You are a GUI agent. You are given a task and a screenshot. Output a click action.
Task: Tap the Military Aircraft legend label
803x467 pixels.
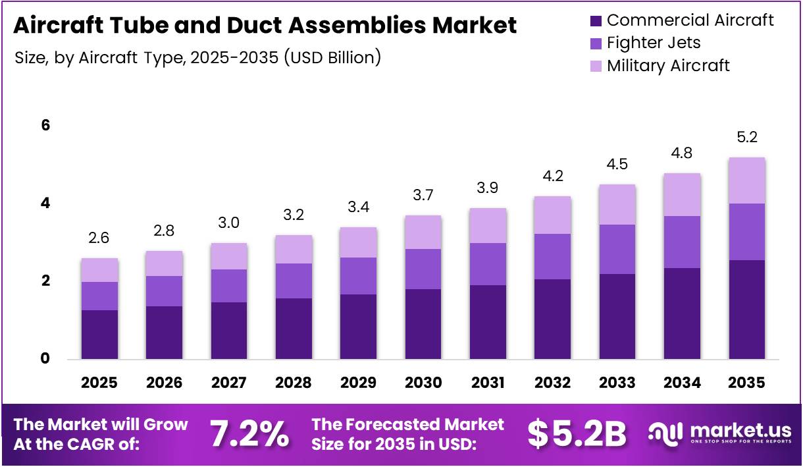668,66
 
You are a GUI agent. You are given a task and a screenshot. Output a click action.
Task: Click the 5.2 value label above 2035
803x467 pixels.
746,138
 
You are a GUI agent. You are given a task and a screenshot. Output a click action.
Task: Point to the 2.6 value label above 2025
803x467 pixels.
99,238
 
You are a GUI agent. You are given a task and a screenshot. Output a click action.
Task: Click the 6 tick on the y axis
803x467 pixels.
45,126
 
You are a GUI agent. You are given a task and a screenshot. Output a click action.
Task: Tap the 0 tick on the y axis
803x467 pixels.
45,359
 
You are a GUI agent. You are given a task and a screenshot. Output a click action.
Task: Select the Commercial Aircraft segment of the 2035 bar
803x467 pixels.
746,310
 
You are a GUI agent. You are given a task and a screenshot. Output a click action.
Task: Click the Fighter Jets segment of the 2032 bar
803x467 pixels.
552,256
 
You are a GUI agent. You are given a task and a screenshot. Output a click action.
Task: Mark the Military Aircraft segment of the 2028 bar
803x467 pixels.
294,249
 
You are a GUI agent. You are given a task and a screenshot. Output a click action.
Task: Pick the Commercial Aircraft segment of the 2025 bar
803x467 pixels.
99,334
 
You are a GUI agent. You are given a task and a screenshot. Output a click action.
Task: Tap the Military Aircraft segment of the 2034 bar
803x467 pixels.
682,194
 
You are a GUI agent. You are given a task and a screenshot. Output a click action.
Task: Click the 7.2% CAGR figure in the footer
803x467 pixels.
249,433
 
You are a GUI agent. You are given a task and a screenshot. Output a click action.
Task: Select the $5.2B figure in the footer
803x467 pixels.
577,433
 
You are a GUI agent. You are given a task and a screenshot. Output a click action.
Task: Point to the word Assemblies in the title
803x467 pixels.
368,26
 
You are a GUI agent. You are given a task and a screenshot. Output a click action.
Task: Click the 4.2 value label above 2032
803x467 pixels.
552,177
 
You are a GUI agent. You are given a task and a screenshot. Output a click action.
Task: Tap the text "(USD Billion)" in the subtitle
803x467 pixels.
332,58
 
